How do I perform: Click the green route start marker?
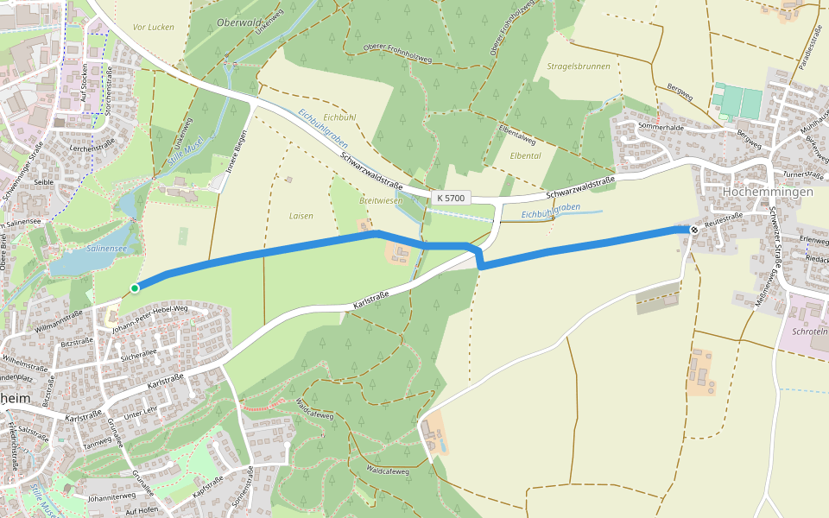coord(135,287)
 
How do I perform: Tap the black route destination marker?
coord(693,230)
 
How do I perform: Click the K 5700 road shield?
coord(451,198)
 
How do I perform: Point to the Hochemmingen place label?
coord(768,192)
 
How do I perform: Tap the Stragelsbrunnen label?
coord(579,66)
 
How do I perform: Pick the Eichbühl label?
coord(339,117)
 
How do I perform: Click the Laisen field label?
coord(301,216)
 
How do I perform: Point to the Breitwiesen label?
coord(381,200)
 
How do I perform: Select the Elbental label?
coord(526,155)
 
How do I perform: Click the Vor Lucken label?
coord(154,27)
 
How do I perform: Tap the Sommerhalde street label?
coord(661,127)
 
